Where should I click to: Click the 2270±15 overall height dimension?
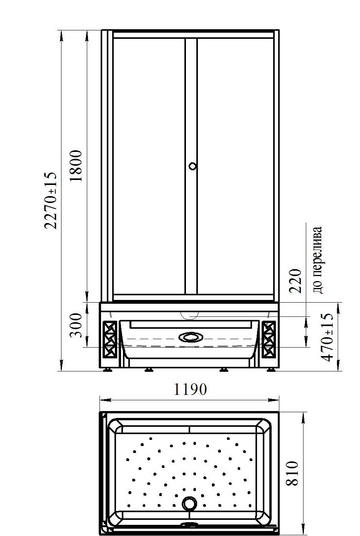point(51,200)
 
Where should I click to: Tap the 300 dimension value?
point(76,325)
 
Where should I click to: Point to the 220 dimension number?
point(295,281)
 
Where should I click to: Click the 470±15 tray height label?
point(327,337)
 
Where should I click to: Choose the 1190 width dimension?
point(190,390)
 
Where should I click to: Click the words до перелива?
point(318,260)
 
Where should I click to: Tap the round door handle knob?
point(192,166)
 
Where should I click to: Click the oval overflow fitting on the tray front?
point(191,337)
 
